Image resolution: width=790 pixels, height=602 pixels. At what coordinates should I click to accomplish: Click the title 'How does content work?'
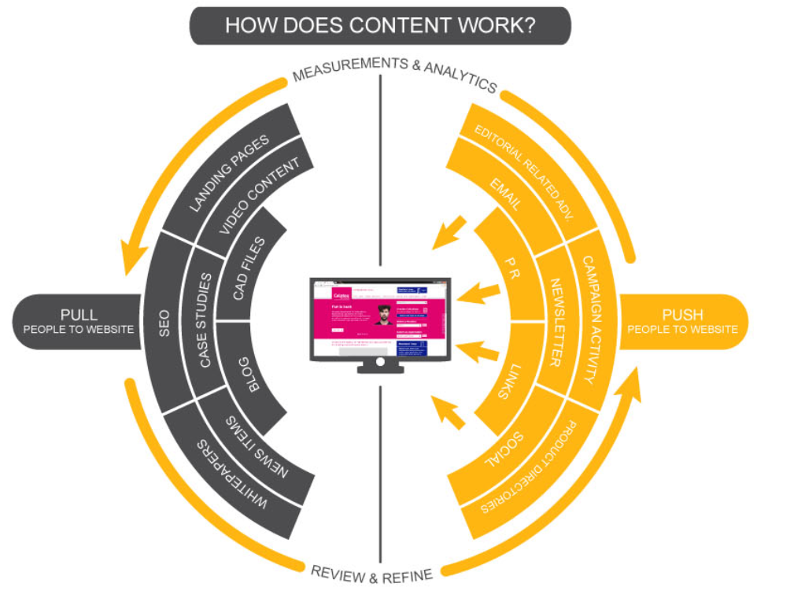pyautogui.click(x=380, y=24)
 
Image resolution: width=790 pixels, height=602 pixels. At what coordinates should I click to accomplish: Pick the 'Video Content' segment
pyautogui.click(x=259, y=196)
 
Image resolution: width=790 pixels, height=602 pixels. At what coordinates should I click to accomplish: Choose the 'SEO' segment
pyautogui.click(x=164, y=322)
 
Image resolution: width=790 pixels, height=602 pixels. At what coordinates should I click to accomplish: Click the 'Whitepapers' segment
pyautogui.click(x=233, y=477)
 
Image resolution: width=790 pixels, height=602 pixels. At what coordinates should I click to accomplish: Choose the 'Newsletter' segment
pyautogui.click(x=556, y=322)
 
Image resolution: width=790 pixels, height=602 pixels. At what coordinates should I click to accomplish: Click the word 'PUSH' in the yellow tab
pyautogui.click(x=681, y=315)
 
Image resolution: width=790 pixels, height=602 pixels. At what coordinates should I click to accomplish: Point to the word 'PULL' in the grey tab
pyautogui.click(x=79, y=315)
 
